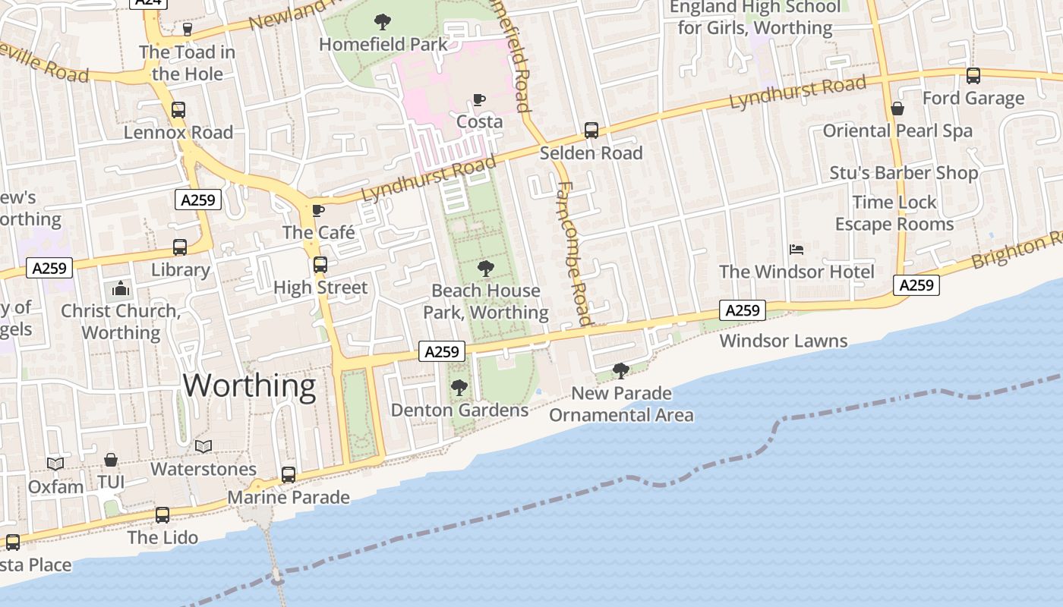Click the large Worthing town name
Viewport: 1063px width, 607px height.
[x=249, y=385]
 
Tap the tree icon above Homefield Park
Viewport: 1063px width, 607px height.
[x=383, y=22]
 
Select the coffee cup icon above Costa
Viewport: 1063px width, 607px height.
[x=478, y=99]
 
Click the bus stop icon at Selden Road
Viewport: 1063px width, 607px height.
[x=591, y=131]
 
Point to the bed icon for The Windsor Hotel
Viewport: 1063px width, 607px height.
[x=796, y=249]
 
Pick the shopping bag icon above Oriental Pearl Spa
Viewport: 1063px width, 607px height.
[x=897, y=109]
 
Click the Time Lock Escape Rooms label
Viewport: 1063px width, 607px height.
[x=894, y=213]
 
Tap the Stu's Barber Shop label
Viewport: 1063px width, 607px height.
[x=904, y=173]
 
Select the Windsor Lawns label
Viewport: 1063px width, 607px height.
[x=784, y=341]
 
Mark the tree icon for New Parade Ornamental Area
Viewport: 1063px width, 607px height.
[x=621, y=371]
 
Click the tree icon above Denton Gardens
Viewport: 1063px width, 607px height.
[x=459, y=388]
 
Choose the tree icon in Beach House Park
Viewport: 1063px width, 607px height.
[x=486, y=268]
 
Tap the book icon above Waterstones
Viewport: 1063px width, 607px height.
[x=203, y=446]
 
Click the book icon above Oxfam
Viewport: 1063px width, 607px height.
[x=55, y=463]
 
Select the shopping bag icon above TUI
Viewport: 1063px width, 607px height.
[x=111, y=460]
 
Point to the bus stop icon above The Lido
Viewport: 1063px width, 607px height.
[x=162, y=515]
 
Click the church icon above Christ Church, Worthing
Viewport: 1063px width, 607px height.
[x=120, y=289]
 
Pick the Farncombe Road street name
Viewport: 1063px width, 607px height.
[x=574, y=253]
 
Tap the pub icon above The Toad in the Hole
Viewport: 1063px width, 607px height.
[x=187, y=30]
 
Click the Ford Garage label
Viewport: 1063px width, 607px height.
[x=973, y=99]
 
